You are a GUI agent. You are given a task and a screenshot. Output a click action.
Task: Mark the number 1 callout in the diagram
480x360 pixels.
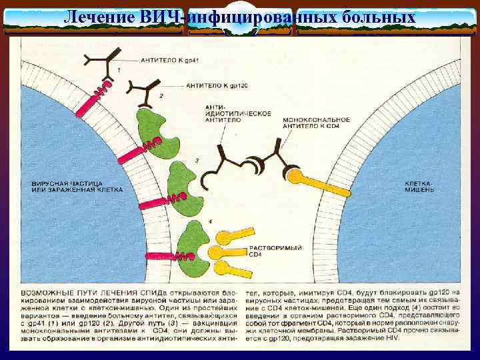(x=119, y=70)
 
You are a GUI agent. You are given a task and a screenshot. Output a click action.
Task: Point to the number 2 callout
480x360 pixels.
(x=161, y=97)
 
